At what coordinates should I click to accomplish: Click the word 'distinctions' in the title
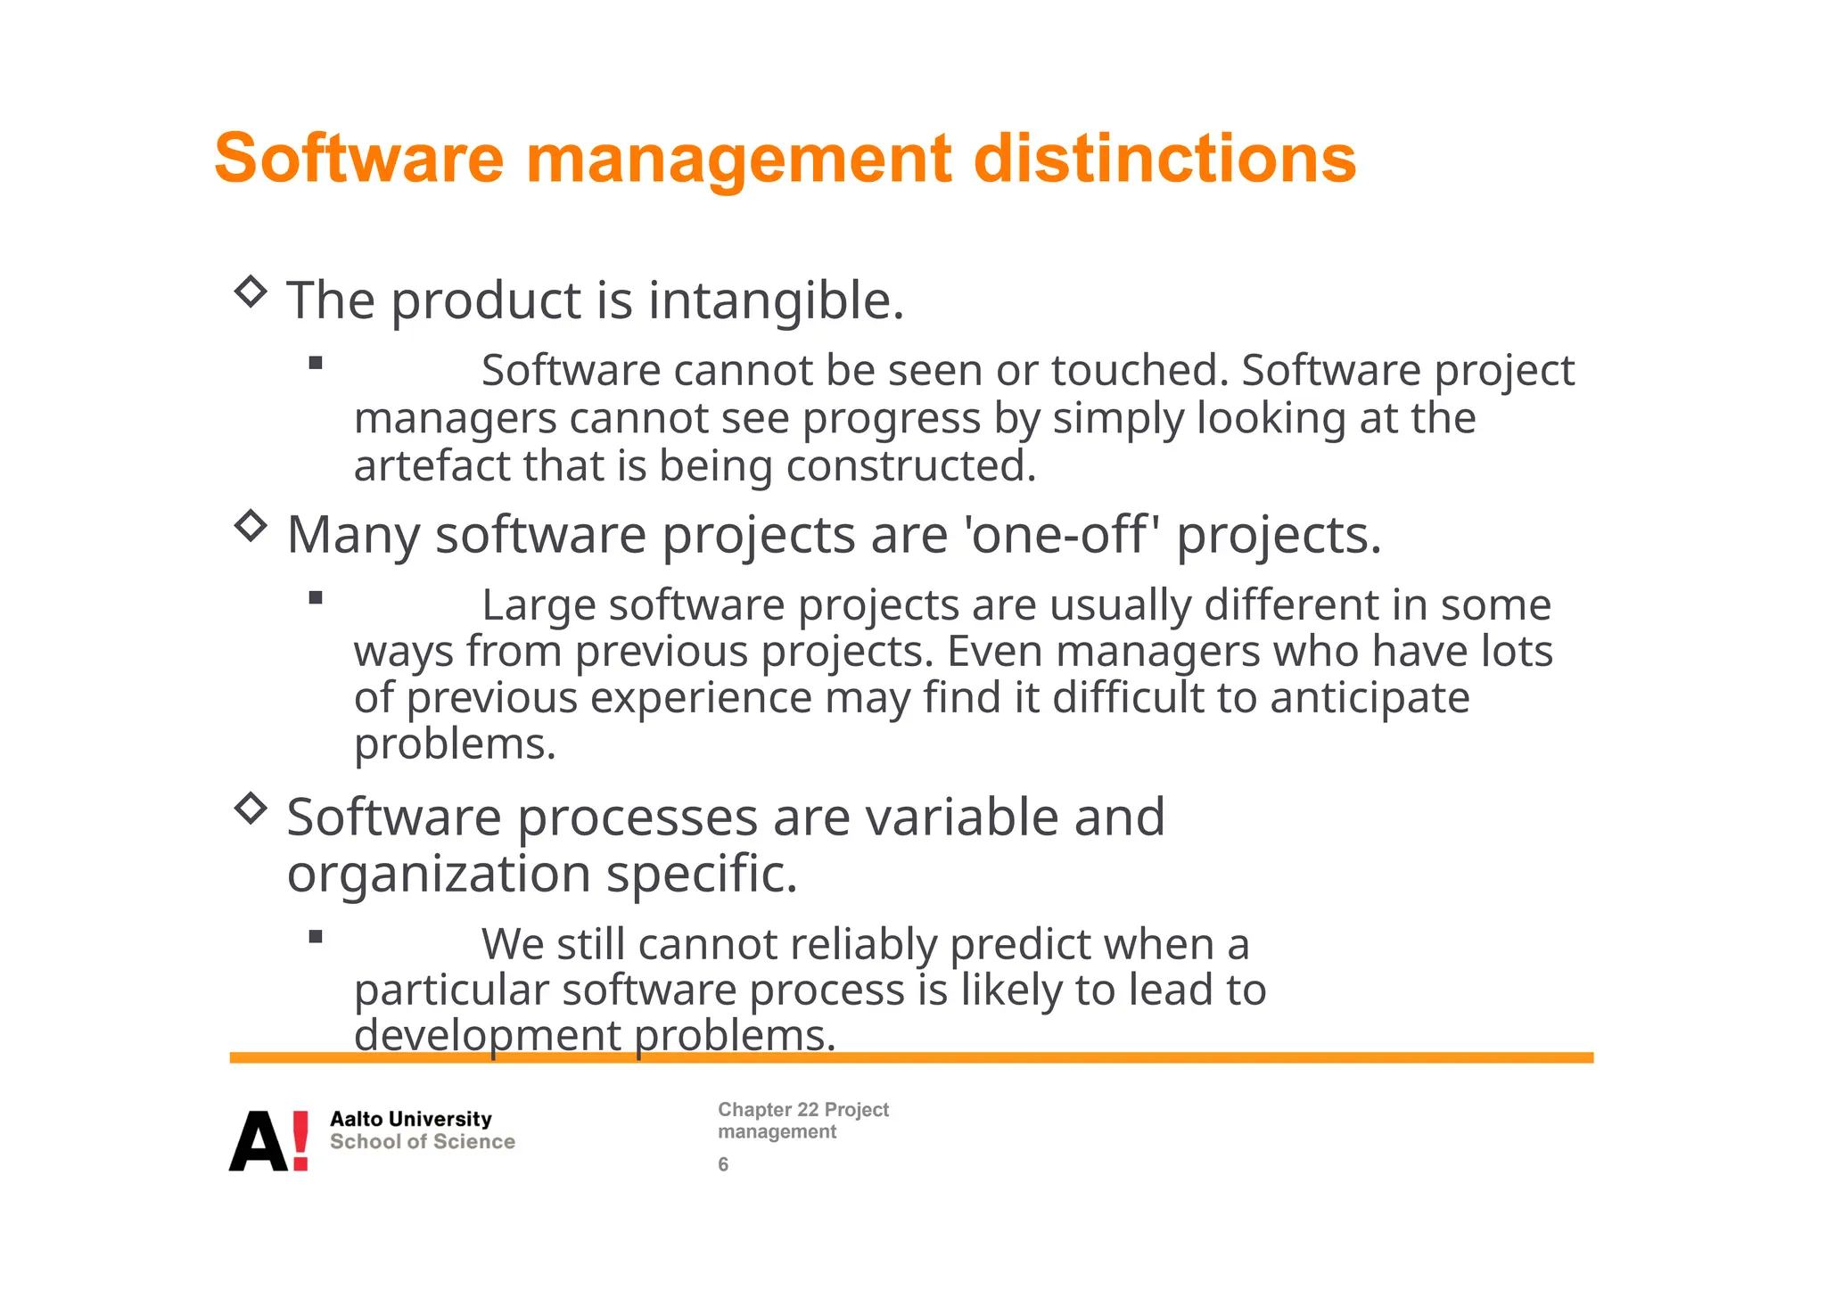(x=1164, y=159)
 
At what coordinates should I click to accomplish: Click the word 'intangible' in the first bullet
(x=769, y=300)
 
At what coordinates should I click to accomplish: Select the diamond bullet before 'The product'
(x=251, y=292)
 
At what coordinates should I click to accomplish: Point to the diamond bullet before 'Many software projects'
(x=251, y=526)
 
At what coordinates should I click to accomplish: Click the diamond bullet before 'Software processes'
(x=251, y=809)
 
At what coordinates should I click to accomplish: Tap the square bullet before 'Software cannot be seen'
(x=316, y=363)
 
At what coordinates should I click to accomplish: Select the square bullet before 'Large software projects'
(x=316, y=598)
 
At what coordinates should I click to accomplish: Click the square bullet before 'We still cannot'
(x=316, y=937)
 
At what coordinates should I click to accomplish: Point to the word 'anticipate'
(x=1369, y=697)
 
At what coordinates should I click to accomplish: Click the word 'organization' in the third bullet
(x=439, y=874)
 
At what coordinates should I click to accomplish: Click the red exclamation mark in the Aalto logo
(x=300, y=1140)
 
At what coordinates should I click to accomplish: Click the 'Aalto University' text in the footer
(x=411, y=1119)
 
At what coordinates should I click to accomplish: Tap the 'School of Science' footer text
(x=423, y=1142)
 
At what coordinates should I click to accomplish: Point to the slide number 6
(x=723, y=1164)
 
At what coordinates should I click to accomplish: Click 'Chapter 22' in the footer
(x=768, y=1110)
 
